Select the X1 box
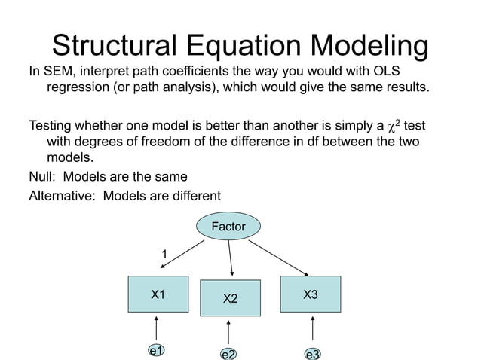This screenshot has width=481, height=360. (x=158, y=294)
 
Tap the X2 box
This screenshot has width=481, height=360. (x=230, y=299)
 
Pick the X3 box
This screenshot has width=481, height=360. (x=310, y=294)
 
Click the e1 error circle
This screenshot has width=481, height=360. (x=157, y=350)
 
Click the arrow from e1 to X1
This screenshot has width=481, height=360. (x=157, y=328)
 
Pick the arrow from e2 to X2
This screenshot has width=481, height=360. (x=228, y=332)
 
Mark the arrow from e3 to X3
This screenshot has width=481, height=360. (x=312, y=330)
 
